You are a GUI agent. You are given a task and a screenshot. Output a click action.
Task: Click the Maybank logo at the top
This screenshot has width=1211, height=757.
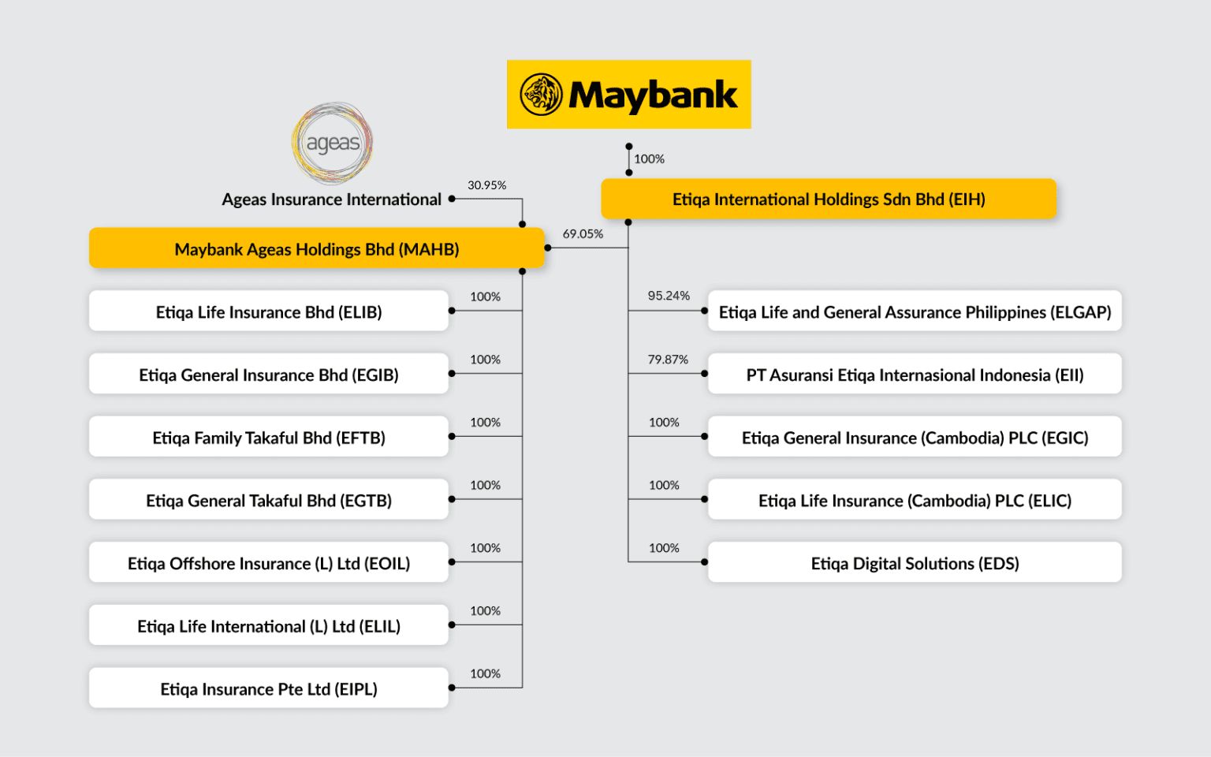click(628, 95)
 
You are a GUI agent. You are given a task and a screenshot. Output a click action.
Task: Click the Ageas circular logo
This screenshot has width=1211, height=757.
click(332, 143)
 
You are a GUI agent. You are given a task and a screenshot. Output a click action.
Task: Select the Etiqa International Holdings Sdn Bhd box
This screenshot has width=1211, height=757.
click(828, 200)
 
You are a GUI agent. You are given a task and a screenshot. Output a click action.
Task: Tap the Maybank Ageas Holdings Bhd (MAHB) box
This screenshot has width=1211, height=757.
click(316, 249)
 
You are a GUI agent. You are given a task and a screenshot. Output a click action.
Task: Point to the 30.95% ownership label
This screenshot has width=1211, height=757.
click(486, 185)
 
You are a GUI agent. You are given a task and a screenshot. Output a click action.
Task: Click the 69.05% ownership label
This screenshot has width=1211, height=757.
click(583, 234)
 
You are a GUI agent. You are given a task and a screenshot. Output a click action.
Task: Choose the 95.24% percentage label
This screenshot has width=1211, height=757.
click(669, 296)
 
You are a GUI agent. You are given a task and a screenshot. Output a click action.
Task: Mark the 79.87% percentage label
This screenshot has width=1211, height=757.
click(668, 360)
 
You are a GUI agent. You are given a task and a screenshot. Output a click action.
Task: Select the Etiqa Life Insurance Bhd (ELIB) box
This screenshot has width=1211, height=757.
click(268, 312)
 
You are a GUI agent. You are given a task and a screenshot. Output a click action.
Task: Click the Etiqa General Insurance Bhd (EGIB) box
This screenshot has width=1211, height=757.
click(268, 375)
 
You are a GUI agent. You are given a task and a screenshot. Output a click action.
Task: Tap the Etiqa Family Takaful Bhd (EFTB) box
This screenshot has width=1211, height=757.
click(268, 438)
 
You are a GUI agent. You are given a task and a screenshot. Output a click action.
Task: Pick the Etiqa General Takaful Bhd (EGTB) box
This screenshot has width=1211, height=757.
click(268, 501)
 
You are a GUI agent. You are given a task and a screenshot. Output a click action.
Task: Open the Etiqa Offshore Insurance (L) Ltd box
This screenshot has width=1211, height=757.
click(268, 564)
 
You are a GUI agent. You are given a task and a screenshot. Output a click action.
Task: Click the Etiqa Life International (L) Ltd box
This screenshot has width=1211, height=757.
click(268, 626)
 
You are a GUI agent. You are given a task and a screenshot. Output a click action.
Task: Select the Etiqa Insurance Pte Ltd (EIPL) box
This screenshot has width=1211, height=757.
click(268, 689)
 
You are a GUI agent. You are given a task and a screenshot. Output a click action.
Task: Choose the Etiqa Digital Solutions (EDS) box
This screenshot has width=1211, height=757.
click(915, 564)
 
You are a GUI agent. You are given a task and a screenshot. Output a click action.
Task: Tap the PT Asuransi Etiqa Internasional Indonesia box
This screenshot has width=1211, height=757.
click(915, 375)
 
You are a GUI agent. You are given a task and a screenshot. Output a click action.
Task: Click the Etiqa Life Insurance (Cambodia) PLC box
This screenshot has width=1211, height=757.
click(915, 501)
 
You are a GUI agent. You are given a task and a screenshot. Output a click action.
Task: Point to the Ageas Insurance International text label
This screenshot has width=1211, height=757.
click(331, 200)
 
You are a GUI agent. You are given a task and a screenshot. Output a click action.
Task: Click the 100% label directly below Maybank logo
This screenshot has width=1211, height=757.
click(649, 159)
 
